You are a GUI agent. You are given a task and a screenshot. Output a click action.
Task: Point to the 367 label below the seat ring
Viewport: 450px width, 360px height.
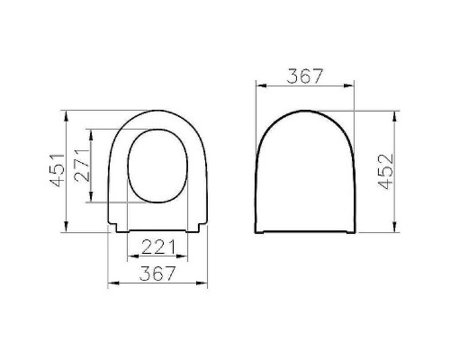click(158, 273)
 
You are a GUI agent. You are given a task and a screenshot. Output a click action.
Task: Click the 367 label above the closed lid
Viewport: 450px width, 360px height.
click(305, 76)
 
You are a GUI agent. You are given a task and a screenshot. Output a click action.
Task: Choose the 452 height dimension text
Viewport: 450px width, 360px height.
click(384, 172)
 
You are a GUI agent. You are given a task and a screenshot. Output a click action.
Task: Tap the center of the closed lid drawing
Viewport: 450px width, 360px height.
click(305, 175)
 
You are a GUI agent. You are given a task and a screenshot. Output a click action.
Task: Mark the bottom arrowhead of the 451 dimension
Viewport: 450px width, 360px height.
click(67, 228)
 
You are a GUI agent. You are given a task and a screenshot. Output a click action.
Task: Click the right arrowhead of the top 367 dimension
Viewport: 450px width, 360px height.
click(350, 87)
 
